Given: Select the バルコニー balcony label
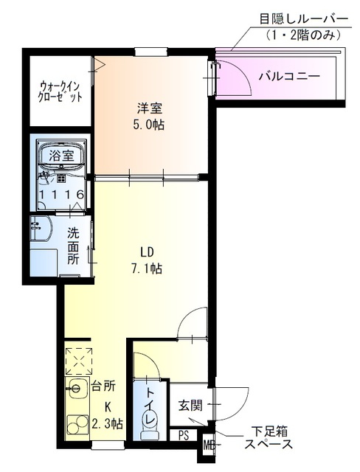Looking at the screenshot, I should (289, 76).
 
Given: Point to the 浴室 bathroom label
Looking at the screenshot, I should (60, 156).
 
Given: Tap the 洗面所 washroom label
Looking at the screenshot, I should (74, 246).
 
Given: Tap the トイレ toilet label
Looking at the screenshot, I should (150, 406).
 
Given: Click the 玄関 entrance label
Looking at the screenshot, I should (190, 405).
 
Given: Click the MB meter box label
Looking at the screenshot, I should (208, 445).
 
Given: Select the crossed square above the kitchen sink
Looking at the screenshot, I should (77, 361).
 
